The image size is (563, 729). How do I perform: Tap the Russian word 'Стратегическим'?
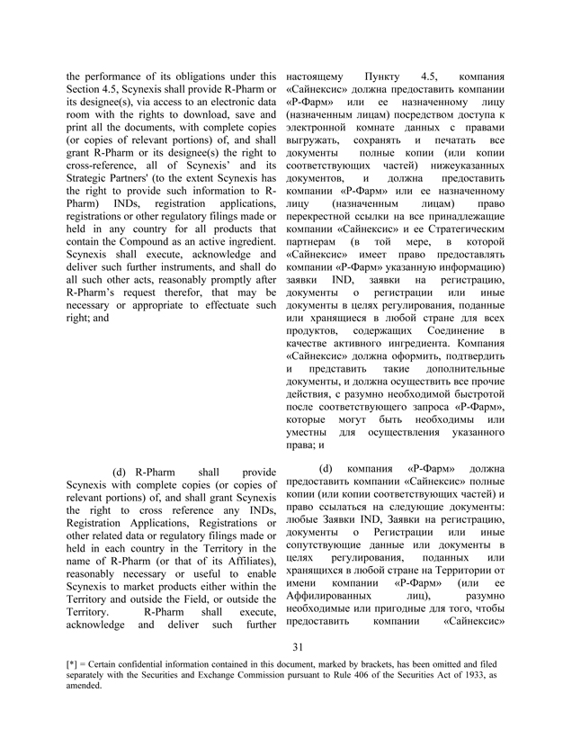point(442,237)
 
